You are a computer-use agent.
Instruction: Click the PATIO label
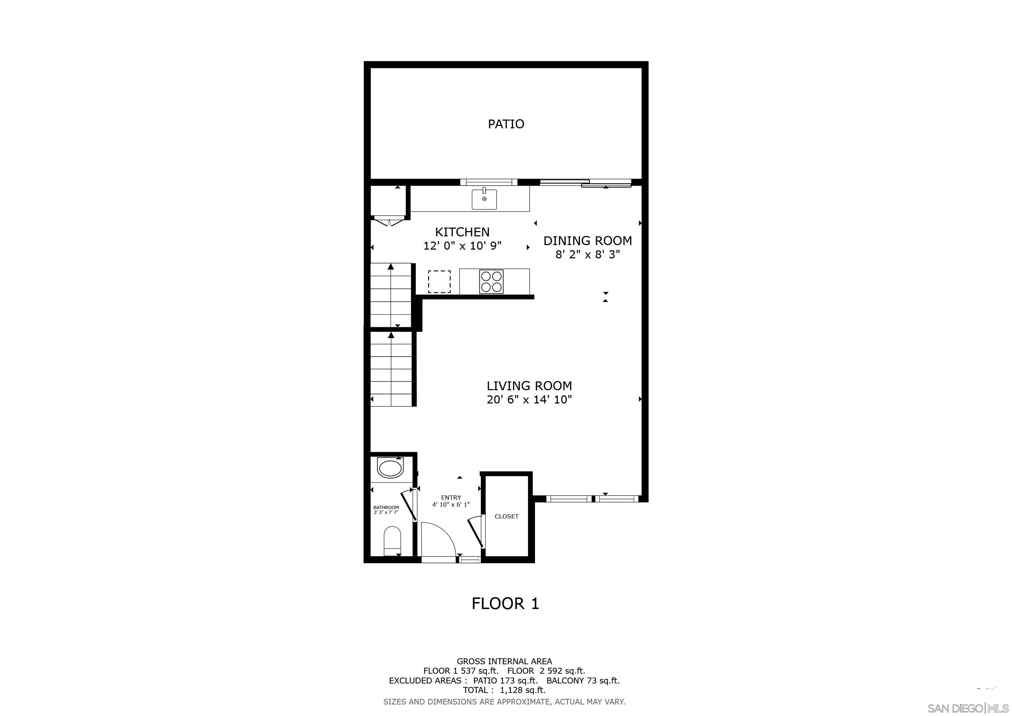tap(506, 124)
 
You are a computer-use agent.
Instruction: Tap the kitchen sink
tap(484, 199)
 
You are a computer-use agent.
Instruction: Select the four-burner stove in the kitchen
tap(491, 281)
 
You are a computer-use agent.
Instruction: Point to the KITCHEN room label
tap(462, 232)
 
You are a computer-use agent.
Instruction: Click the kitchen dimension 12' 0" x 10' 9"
tap(462, 245)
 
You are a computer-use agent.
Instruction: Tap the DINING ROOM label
tap(587, 241)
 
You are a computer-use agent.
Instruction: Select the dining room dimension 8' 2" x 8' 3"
tap(587, 255)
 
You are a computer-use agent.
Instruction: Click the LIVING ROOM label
tap(529, 386)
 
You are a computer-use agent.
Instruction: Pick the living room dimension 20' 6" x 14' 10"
tap(529, 400)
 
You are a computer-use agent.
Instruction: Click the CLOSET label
tap(506, 516)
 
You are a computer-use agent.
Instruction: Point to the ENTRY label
tap(450, 497)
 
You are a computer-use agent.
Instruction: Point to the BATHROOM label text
tap(386, 508)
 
